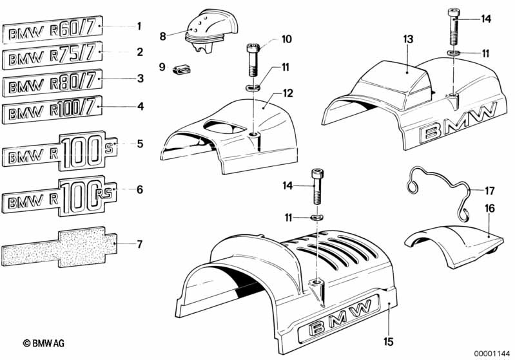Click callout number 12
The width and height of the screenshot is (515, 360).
[288, 93]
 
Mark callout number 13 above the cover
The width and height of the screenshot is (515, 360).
[408, 40]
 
